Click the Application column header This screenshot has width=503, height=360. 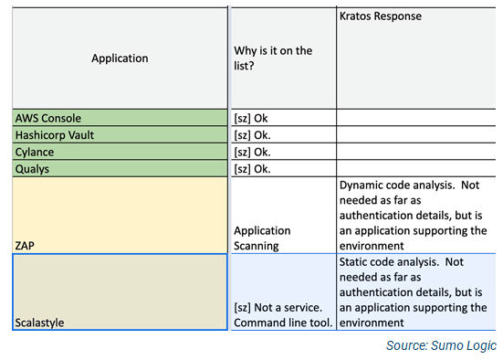click(119, 58)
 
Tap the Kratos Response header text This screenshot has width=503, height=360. click(380, 16)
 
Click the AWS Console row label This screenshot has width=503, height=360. click(48, 118)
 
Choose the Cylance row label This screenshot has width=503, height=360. click(35, 152)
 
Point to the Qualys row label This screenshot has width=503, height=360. click(34, 169)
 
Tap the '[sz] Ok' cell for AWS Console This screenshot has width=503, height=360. click(251, 118)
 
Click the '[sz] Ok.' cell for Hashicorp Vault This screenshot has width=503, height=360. click(253, 134)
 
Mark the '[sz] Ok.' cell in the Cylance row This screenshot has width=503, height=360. click(253, 152)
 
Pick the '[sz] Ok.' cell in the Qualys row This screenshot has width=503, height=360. click(253, 169)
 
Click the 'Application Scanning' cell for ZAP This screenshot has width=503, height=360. click(262, 238)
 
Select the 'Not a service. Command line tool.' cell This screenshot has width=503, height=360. click(283, 315)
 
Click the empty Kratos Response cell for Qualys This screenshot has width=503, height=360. click(416, 169)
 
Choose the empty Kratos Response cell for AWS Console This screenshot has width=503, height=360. click(416, 118)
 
